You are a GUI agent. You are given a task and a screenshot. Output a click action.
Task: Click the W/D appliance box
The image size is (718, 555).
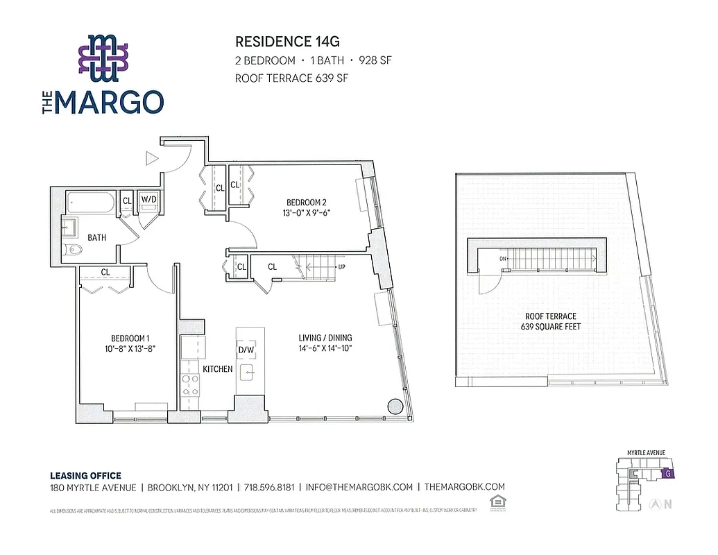tap(149, 200)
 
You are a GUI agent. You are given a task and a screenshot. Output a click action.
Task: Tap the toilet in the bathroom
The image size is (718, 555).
tap(72, 250)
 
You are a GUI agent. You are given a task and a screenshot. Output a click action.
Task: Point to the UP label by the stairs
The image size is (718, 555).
tap(341, 266)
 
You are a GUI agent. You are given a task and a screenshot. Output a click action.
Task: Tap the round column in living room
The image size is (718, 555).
tap(395, 407)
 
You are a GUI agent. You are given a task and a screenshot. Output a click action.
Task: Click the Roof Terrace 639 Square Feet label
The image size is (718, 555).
tap(552, 321)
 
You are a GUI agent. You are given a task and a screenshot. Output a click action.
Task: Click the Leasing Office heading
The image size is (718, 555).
tap(85, 476)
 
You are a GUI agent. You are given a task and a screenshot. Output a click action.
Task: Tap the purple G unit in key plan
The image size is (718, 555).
tap(667, 474)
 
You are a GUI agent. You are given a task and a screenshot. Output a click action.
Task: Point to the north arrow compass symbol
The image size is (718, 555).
tap(654, 504)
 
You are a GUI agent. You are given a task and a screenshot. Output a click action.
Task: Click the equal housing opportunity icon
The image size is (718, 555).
tap(496, 500)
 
